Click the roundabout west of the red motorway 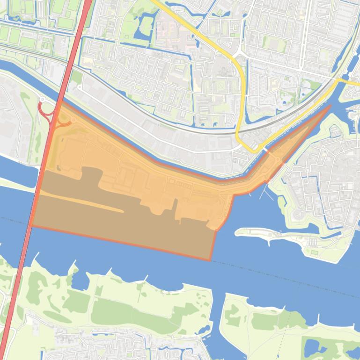pos(42,99)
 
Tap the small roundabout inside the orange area pos(73,120)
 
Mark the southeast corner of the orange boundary pos(209,260)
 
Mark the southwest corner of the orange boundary pos(30,225)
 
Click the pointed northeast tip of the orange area pos(331,105)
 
